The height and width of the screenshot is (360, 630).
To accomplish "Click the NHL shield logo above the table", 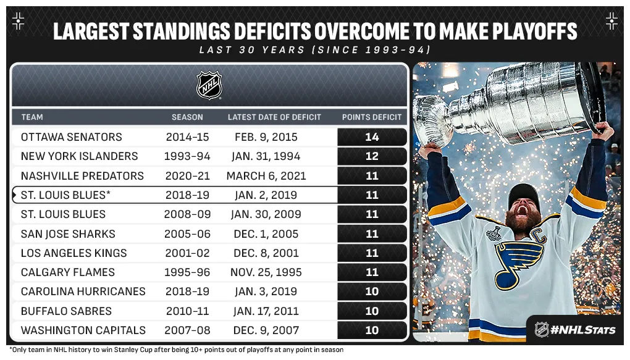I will [x=209, y=85].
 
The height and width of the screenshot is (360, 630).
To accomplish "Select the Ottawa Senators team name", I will [x=72, y=137].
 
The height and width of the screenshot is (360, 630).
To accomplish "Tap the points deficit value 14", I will [x=372, y=137].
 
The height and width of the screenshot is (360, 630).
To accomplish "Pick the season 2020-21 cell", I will [x=188, y=176].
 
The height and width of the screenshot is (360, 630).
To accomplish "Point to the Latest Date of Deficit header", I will [x=274, y=117].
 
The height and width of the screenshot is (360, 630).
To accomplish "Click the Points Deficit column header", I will [x=372, y=117].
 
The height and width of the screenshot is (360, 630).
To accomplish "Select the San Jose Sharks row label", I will [x=68, y=234].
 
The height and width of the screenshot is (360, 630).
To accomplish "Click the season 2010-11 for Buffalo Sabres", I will [x=188, y=311].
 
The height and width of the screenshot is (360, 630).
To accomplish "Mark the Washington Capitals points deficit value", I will [x=372, y=330].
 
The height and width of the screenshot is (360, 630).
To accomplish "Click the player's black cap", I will [x=524, y=196].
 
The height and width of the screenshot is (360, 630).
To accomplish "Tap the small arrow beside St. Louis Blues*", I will [x=15, y=195].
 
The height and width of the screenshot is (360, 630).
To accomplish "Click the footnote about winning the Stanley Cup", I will [x=176, y=350].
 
